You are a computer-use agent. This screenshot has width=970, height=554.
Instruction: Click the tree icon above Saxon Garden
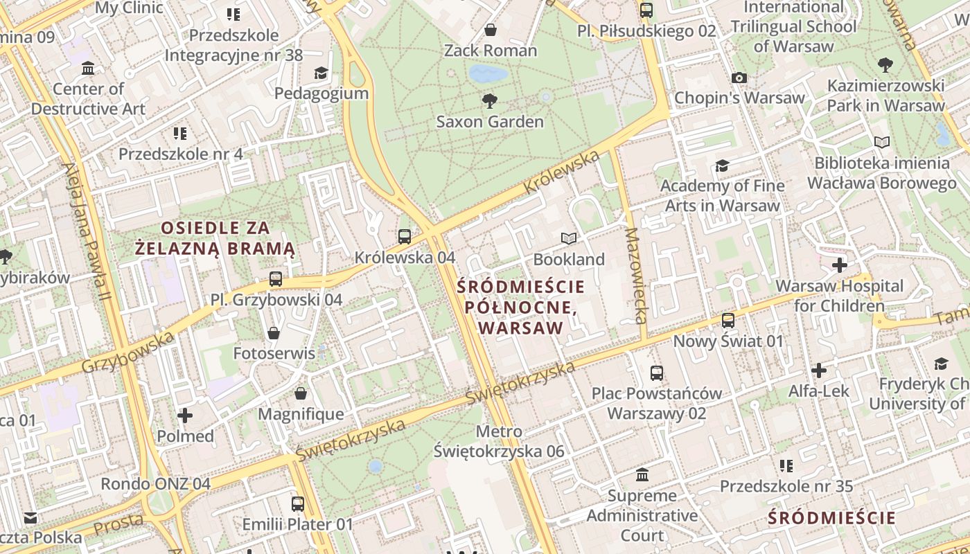click(x=490, y=101)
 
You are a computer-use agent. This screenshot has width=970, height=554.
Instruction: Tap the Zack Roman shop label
click(x=491, y=51)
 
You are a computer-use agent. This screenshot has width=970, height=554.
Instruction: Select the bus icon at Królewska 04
click(x=405, y=237)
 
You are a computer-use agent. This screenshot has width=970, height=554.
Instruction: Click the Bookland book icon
click(x=569, y=239)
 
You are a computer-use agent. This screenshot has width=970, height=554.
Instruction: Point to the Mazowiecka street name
click(x=635, y=276)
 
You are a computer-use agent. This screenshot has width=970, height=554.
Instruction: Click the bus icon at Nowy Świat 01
click(x=728, y=321)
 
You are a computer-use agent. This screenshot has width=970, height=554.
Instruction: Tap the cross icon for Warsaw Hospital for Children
click(x=840, y=265)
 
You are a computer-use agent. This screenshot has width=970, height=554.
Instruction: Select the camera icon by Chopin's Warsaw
click(x=739, y=78)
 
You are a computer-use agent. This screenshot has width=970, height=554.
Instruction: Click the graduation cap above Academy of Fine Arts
click(x=723, y=166)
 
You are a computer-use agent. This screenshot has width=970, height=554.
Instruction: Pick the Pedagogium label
click(x=321, y=93)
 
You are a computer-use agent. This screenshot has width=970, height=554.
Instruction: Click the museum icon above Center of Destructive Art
click(x=88, y=68)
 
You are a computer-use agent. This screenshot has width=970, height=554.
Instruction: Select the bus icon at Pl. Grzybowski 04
click(x=276, y=279)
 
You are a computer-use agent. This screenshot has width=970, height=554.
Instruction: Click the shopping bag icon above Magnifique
click(x=301, y=394)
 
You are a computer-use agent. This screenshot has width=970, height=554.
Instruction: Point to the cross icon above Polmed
click(x=185, y=415)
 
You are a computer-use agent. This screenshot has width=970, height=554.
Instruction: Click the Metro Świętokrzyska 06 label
click(x=499, y=442)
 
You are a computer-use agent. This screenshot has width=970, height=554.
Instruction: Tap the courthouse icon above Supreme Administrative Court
click(x=642, y=475)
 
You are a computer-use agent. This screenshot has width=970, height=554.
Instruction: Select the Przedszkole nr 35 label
click(x=786, y=486)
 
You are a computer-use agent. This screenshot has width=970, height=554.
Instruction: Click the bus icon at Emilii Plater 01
click(x=298, y=504)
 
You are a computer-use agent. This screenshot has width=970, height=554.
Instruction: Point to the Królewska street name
click(x=562, y=172)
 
